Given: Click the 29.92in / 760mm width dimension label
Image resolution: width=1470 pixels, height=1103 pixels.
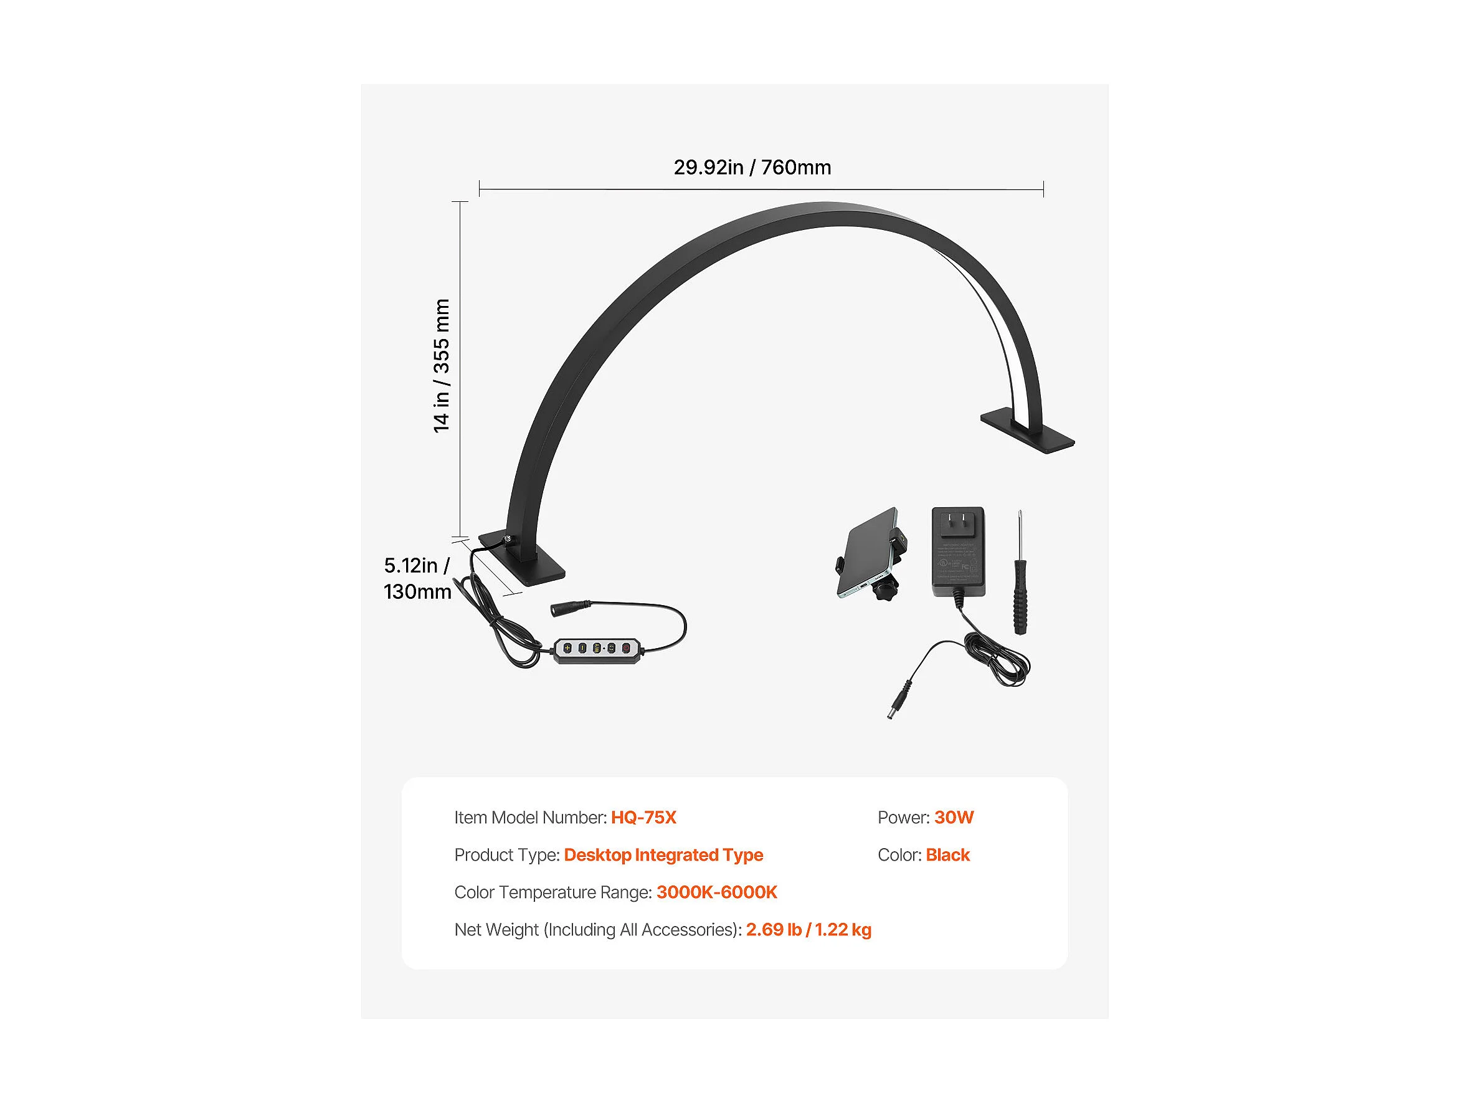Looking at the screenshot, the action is [x=752, y=168].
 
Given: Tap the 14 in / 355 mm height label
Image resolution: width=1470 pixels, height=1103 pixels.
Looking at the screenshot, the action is [x=441, y=366].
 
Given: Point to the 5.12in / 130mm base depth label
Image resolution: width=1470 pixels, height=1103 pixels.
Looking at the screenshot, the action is [x=417, y=578].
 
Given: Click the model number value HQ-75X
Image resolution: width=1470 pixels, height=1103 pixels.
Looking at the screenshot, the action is [x=643, y=818].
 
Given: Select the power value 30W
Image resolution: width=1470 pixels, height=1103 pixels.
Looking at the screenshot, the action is [x=954, y=818].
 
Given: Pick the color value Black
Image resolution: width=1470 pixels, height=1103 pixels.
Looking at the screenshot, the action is [x=947, y=855].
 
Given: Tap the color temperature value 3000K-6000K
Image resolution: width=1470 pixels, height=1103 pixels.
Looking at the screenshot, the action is [x=716, y=892].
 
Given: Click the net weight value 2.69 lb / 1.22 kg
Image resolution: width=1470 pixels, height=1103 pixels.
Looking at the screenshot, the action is [x=808, y=930].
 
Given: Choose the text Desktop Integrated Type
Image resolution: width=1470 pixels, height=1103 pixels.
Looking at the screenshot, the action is [x=663, y=855].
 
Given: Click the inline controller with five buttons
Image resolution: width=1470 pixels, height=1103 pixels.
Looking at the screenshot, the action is [x=597, y=649].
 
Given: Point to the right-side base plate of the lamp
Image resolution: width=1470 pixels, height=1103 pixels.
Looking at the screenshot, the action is [x=1027, y=432].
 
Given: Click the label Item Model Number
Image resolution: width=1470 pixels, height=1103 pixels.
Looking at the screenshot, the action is [x=529, y=818].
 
